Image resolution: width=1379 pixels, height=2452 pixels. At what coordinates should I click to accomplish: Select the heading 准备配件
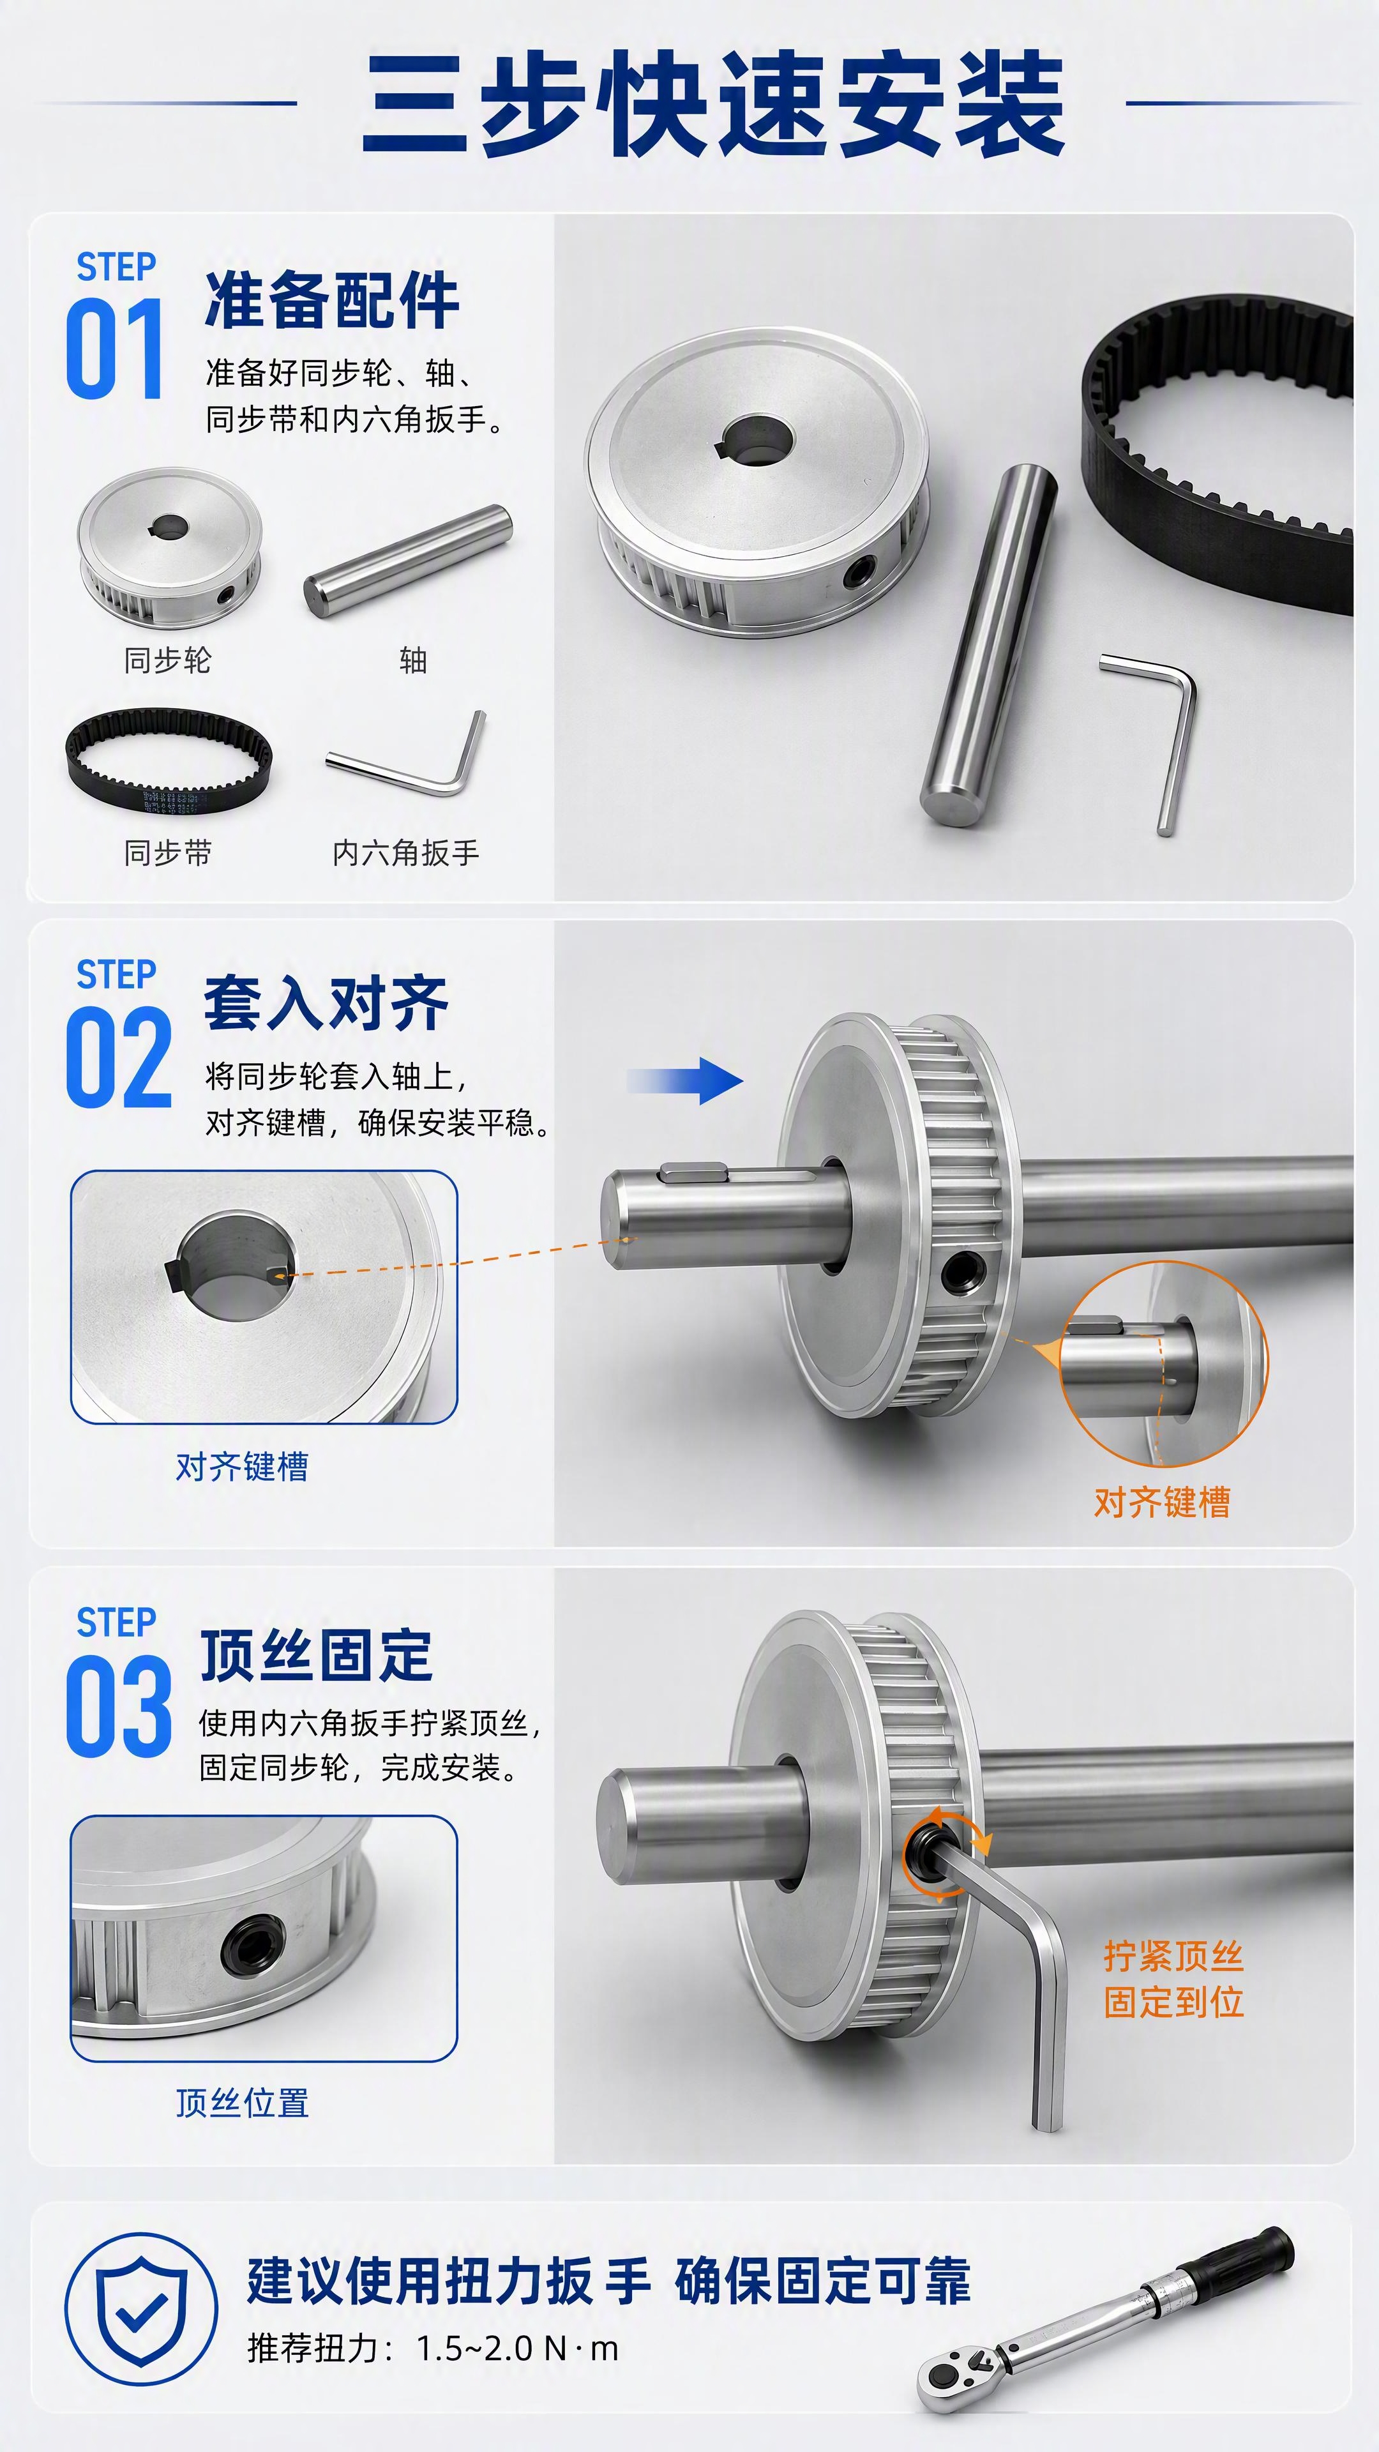coord(332,300)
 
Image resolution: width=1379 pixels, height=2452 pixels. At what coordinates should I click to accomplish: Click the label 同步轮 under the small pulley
coord(167,660)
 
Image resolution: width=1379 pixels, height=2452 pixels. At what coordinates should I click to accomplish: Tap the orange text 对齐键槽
coord(1162,1502)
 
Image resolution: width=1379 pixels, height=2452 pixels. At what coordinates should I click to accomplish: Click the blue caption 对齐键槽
coord(242,1467)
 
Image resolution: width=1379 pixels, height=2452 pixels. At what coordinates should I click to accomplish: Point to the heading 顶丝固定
coord(316,1655)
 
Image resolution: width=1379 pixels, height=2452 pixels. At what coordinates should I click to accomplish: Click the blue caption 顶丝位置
coord(242,2103)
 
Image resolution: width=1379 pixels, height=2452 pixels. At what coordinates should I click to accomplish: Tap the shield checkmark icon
coord(141,2309)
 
